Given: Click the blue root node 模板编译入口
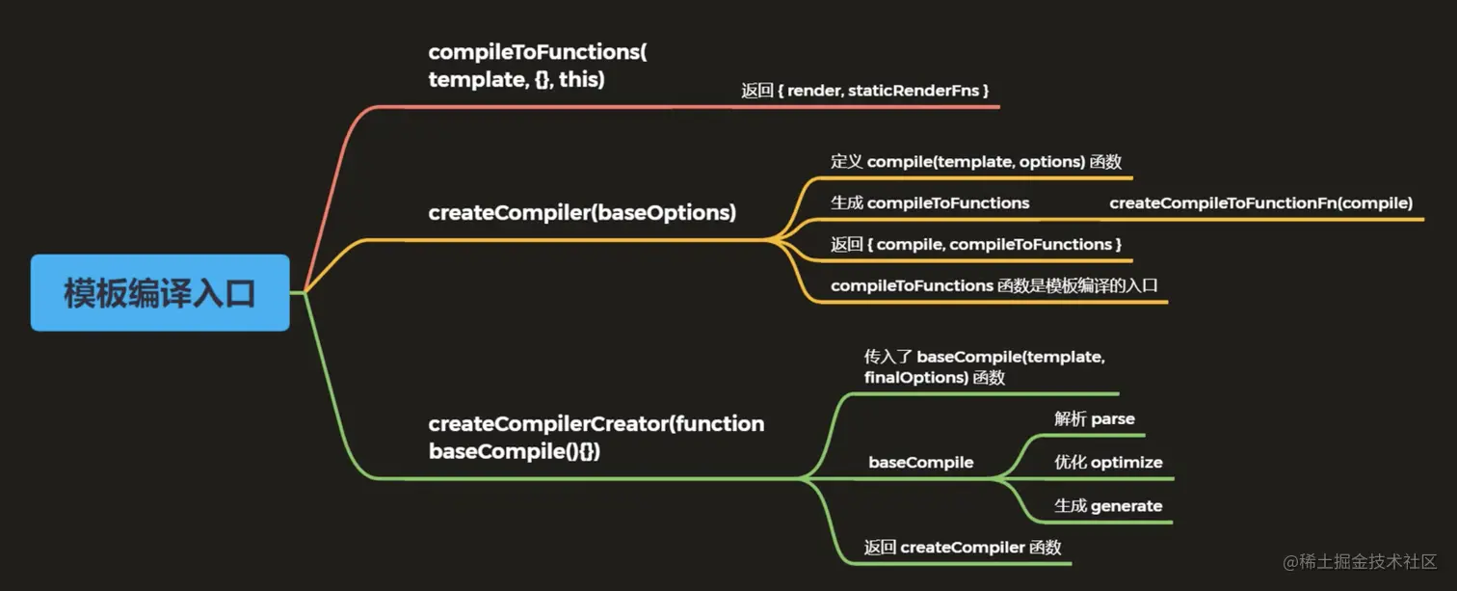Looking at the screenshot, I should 160,293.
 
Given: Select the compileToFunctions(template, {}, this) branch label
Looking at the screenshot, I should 538,66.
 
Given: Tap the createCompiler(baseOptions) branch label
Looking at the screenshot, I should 582,213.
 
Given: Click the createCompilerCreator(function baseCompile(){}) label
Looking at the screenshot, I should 596,437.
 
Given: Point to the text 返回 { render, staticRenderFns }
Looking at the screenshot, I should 865,91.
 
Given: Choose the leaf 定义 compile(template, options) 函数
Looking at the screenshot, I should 976,162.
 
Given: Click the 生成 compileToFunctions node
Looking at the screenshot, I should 930,203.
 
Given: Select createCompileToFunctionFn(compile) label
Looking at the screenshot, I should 1260,203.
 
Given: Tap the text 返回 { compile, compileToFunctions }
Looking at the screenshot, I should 976,245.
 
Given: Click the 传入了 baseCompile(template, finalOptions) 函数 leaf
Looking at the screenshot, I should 984,367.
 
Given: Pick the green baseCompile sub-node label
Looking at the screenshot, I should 920,463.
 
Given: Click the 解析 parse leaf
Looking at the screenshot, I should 1095,419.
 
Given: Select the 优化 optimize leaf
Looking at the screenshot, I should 1108,463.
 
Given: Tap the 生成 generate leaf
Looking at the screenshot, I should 1108,506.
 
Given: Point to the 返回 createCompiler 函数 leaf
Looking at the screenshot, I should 962,548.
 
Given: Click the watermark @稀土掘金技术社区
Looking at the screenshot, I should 1359,562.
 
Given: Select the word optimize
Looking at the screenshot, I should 1126,463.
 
